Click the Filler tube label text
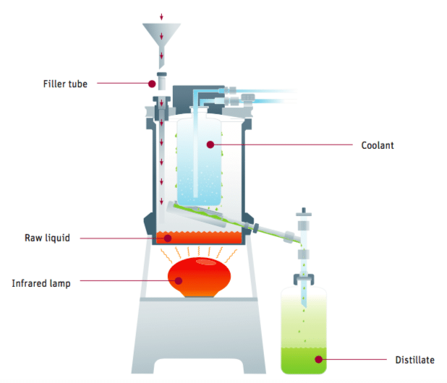pyautogui.click(x=65, y=84)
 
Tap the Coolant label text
pyautogui.click(x=378, y=145)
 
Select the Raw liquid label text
pyautogui.click(x=47, y=238)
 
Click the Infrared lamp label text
pyautogui.click(x=41, y=283)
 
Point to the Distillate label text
pyautogui.click(x=414, y=360)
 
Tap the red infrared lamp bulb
pyautogui.click(x=199, y=277)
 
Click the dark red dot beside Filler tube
pyautogui.click(x=152, y=84)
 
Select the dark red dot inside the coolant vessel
pyautogui.click(x=210, y=145)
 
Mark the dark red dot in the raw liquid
pyautogui.click(x=168, y=238)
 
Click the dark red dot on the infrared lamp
pyautogui.click(x=179, y=281)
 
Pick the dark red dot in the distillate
pyautogui.click(x=319, y=359)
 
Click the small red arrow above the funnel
pyautogui.click(x=161, y=17)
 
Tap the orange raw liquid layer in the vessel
pyautogui.click(x=199, y=238)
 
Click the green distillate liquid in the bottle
pyautogui.click(x=304, y=360)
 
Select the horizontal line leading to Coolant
pyautogui.click(x=284, y=145)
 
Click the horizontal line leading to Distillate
pyautogui.click(x=354, y=359)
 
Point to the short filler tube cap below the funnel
pyautogui.click(x=162, y=82)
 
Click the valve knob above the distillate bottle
pyautogui.click(x=304, y=212)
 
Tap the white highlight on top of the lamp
pyautogui.click(x=206, y=262)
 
